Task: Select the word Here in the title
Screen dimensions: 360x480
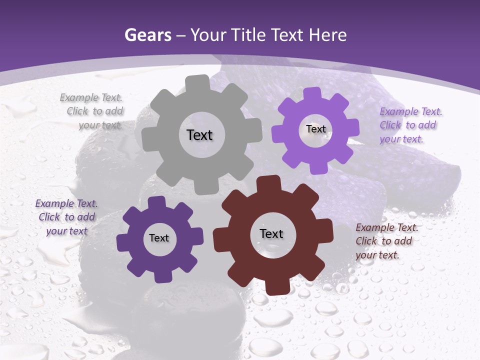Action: (x=328, y=35)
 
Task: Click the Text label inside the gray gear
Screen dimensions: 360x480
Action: (x=199, y=135)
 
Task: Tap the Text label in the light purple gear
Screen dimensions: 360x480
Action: (x=315, y=129)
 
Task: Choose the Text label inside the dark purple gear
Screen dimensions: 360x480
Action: (x=159, y=238)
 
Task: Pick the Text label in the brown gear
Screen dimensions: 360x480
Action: (x=271, y=233)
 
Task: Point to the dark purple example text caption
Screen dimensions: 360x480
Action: (x=66, y=217)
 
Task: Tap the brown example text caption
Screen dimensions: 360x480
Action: (x=386, y=241)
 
